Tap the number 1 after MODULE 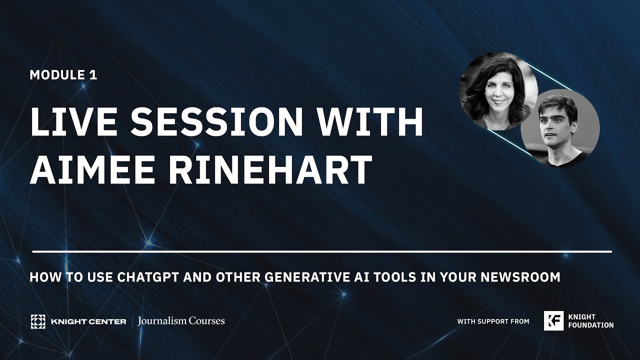pos(93,75)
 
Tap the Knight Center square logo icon pos(37,321)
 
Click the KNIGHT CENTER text pos(88,321)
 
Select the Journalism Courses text pos(181,321)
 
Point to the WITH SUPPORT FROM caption pos(493,321)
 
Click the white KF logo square pos(553,321)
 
